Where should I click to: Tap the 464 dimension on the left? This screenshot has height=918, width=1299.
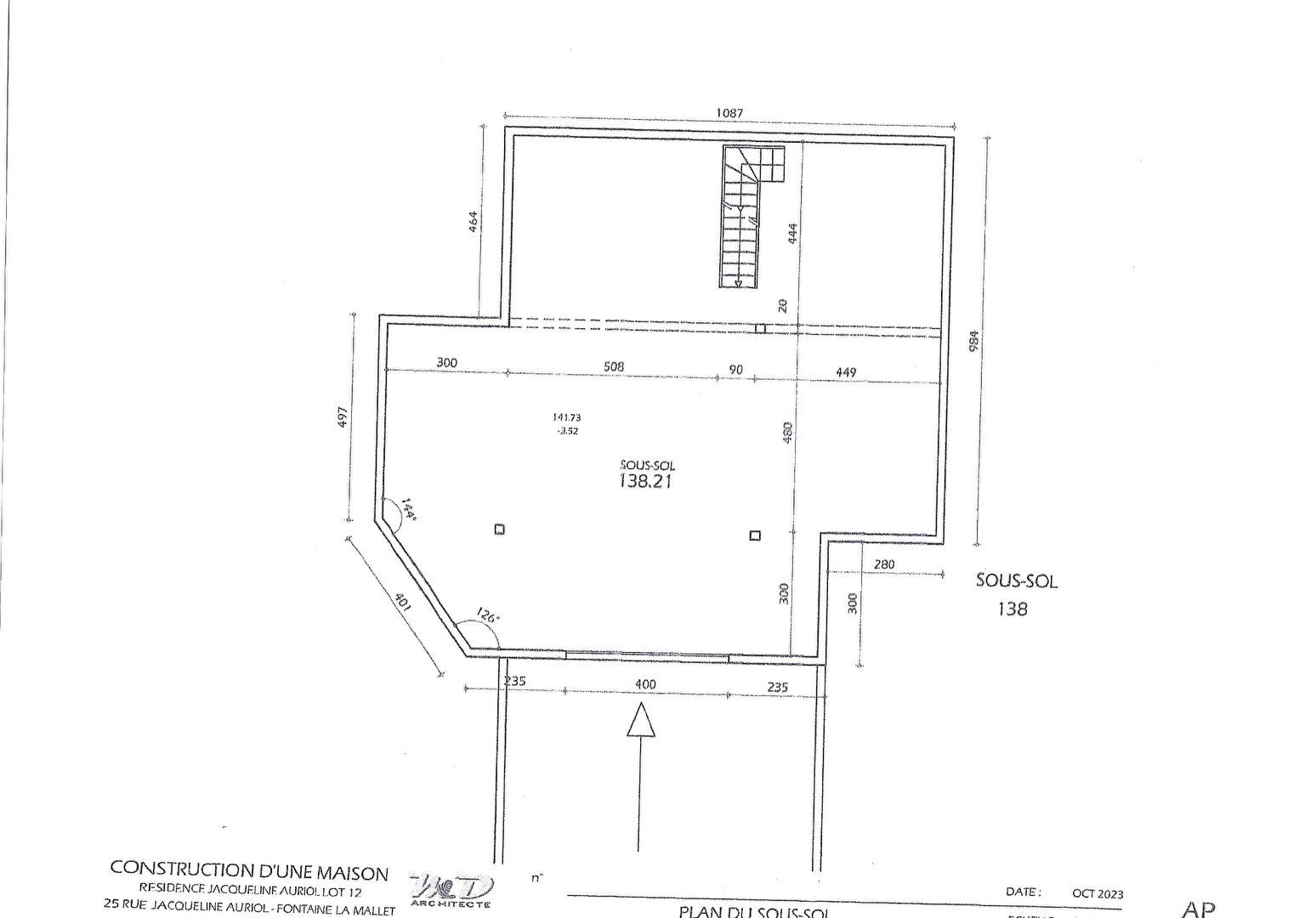pos(474,221)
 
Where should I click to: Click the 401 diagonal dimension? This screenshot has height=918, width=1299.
pos(402,601)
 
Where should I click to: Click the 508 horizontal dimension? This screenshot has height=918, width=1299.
pos(613,366)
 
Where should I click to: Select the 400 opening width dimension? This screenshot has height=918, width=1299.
pos(645,684)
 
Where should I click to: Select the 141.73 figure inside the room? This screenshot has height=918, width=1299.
pos(566,417)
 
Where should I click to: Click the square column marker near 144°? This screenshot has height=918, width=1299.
pos(500,530)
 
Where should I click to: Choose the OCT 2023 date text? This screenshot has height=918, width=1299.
pos(1098,893)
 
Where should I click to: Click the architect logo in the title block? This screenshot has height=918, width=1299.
pos(451,888)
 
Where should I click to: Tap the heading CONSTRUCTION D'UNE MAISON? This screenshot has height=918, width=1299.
pos(249,871)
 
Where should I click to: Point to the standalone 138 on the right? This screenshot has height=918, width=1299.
pos(1013,609)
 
